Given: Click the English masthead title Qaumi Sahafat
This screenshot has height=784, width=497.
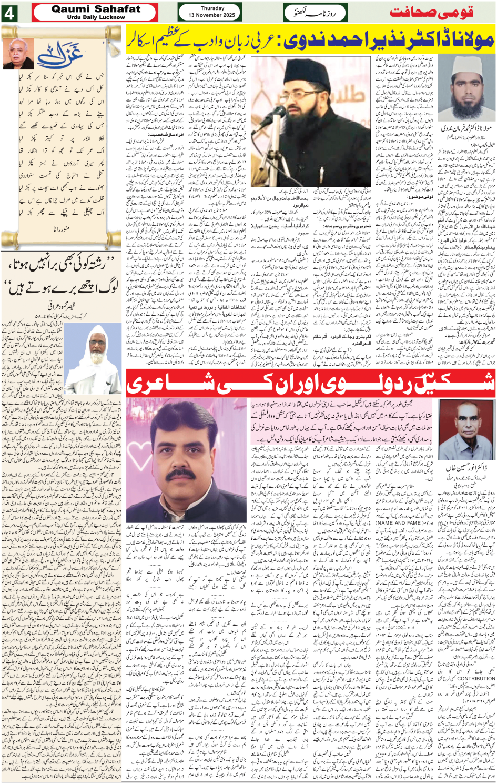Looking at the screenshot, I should (x=96, y=9).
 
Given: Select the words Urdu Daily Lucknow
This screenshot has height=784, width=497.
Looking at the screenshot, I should (x=96, y=17).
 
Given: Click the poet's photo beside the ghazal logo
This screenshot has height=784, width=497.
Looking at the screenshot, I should (x=18, y=53).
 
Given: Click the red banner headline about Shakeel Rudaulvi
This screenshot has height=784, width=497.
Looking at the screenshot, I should (x=310, y=383).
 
